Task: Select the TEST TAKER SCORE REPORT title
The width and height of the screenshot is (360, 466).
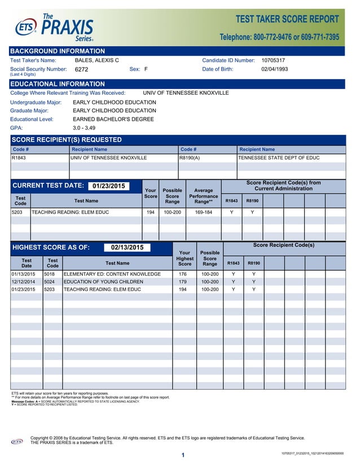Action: pos(287,19)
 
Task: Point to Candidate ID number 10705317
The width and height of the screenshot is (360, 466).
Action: pos(273,60)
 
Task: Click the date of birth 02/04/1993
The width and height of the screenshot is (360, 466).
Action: pos(274,69)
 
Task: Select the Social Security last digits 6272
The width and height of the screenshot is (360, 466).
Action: pos(82,70)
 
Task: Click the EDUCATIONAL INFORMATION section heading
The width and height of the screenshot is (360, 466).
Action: pos(58,84)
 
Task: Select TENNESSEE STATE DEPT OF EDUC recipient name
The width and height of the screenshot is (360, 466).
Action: pos(279,158)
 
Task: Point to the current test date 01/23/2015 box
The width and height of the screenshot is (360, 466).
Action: pos(109,186)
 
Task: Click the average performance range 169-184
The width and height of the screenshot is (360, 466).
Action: pos(203,213)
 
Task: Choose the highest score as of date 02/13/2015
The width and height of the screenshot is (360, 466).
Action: pos(127,247)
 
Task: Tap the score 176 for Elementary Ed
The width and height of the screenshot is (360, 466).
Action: pos(183,274)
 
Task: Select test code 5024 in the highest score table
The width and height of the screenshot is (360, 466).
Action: pos(50,282)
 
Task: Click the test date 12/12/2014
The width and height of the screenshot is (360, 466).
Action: pos(24,282)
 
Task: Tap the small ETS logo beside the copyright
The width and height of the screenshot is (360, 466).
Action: pos(18,441)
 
